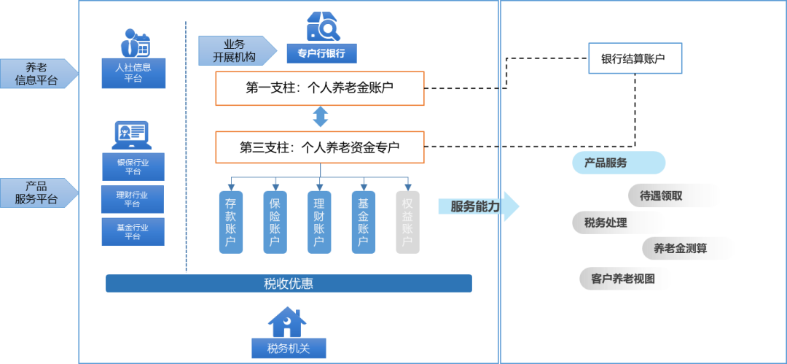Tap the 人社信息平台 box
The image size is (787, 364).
click(133, 74)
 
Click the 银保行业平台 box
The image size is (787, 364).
click(133, 167)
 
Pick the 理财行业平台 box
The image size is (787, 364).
click(133, 199)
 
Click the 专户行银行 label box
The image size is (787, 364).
click(321, 53)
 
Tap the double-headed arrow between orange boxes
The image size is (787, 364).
click(321, 117)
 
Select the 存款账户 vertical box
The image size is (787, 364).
click(231, 222)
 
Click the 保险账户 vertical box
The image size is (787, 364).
click(275, 222)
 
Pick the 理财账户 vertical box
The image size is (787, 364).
click(319, 222)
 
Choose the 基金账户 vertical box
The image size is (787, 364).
click(364, 222)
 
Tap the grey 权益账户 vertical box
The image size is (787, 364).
click(407, 222)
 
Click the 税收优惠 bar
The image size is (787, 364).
click(289, 283)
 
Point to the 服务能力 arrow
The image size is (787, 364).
click(478, 206)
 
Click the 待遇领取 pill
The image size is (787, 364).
click(674, 195)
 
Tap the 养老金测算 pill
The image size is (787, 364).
click(688, 248)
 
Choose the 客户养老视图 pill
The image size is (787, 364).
click(625, 279)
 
